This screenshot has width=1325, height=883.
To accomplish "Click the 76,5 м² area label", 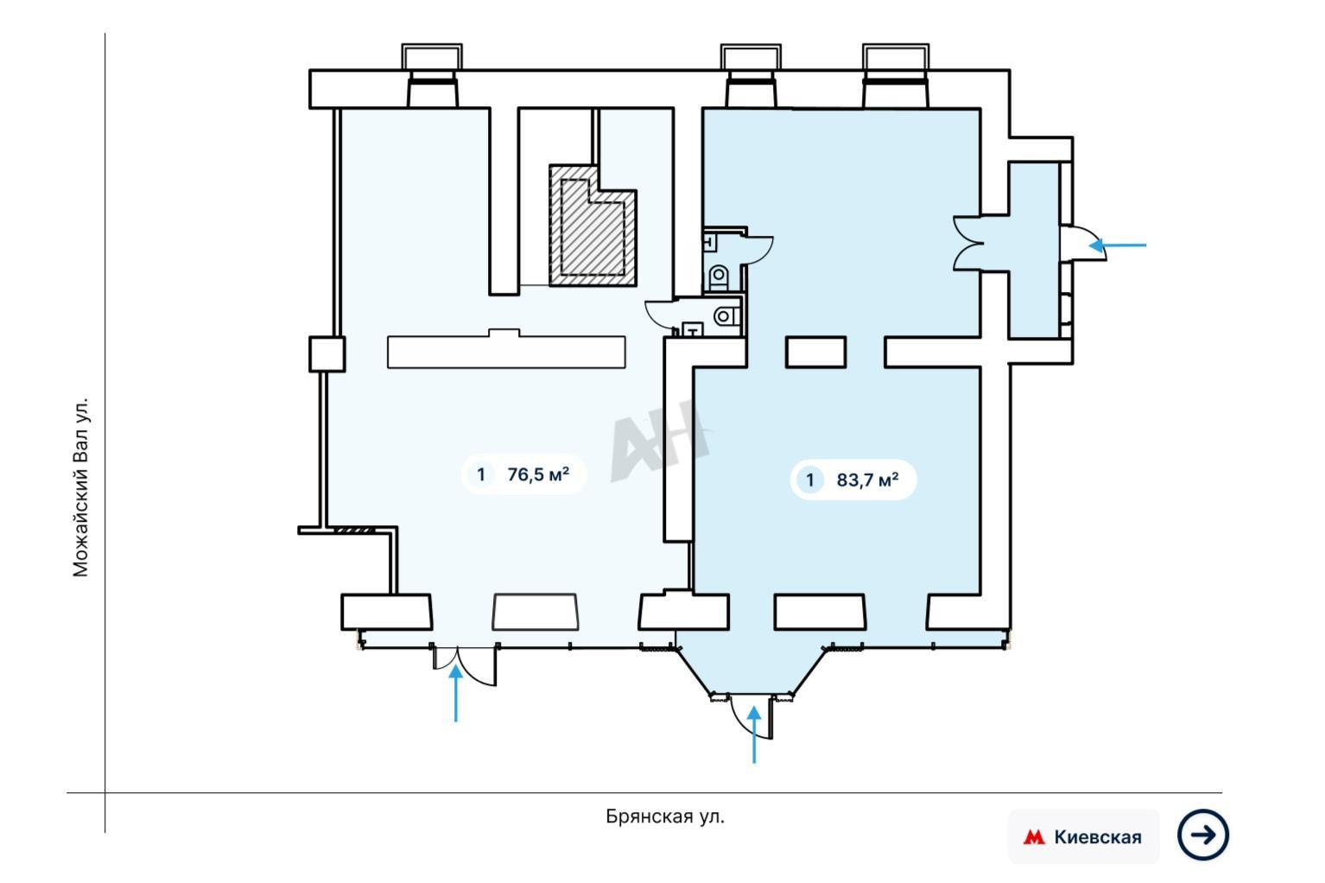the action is tap(538, 474).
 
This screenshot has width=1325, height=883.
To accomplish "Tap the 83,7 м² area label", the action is tap(867, 479).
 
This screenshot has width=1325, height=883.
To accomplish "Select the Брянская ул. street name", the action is tap(665, 816).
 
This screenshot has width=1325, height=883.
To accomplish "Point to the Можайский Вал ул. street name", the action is tap(80, 486).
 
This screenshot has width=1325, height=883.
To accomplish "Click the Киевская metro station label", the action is tap(1098, 837).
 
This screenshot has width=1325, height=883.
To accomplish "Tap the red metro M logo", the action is tap(1034, 837).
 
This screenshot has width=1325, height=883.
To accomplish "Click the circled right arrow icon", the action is tap(1202, 835).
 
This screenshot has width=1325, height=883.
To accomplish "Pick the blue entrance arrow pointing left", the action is tap(1118, 245).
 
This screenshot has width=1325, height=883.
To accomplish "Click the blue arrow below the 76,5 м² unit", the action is tap(455, 693).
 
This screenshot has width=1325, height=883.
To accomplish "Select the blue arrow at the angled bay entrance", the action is tap(753, 734).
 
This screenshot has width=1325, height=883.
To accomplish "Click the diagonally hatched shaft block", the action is tap(593, 226).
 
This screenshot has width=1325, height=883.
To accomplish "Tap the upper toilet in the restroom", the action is tap(719, 277).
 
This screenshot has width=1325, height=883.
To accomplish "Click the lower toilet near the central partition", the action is tap(726, 316).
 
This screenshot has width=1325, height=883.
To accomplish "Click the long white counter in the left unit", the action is tap(506, 350).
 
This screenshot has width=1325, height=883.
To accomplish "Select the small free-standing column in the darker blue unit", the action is tap(815, 353).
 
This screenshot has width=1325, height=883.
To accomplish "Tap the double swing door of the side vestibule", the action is tap(968, 244).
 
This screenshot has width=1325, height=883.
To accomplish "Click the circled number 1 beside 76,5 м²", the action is tap(481, 474).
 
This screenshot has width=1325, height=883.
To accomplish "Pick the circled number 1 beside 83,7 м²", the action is tap(810, 480).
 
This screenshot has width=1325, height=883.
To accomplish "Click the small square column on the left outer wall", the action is tap(327, 354).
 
